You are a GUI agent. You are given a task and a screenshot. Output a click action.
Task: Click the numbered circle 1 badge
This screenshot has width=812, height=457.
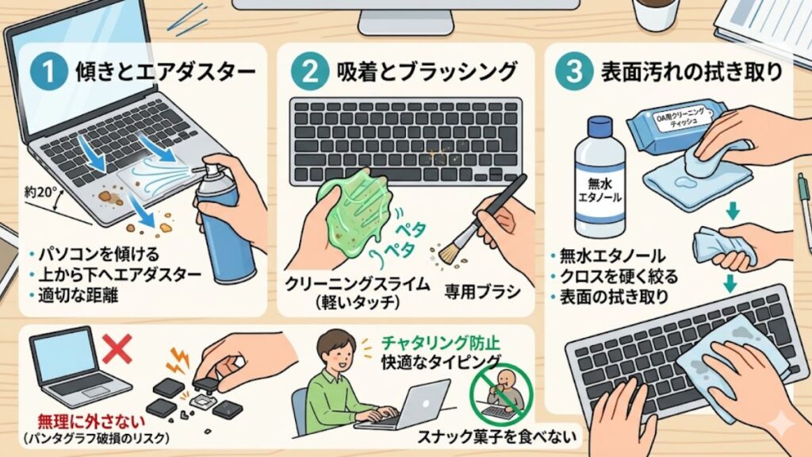47,71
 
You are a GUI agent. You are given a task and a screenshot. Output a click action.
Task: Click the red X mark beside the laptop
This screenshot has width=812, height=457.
118,347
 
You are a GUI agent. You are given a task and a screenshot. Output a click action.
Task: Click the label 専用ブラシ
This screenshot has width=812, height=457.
483,292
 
